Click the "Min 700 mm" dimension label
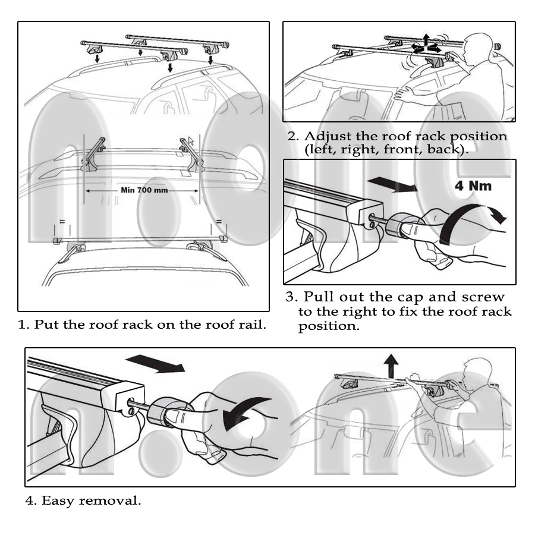coord(143,191)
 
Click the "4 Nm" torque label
coord(473,186)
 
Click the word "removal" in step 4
coord(114,501)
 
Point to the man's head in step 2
coord(478,45)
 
